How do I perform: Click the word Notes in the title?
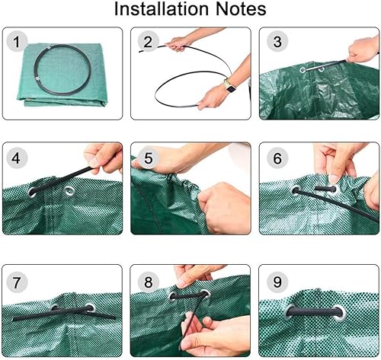[239, 10]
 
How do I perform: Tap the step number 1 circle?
[17, 41]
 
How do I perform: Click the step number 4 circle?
[17, 158]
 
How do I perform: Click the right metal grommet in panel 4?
[69, 191]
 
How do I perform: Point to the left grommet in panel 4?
[33, 193]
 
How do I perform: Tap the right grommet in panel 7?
[90, 310]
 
